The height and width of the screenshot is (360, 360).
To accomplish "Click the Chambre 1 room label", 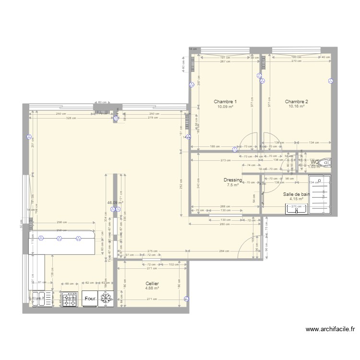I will click(225, 102).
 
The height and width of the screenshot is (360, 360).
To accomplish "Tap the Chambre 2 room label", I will click(296, 102).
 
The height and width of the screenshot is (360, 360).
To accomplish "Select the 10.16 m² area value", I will click(296, 107).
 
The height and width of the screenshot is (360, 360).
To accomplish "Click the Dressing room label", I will click(233, 180).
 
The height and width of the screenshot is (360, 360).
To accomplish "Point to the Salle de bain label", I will click(296, 194).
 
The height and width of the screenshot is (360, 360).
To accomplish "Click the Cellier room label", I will click(152, 284).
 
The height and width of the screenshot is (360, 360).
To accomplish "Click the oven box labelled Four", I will click(89, 298).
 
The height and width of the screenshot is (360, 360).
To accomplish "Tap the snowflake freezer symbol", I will click(105, 298).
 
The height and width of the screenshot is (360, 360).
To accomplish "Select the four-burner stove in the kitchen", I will click(70, 298).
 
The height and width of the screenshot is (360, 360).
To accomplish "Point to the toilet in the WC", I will click(325, 163).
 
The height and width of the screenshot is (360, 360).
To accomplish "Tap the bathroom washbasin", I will click(296, 208).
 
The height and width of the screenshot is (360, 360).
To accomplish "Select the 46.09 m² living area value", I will click(115, 203).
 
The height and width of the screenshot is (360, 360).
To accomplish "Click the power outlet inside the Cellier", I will click(187, 298).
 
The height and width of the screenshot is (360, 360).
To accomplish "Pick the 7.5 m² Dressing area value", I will click(233, 185).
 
